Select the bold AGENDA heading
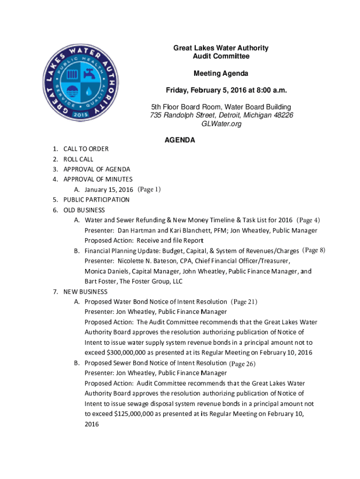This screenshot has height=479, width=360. coord(180,140)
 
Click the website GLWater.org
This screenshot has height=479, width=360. coord(221,124)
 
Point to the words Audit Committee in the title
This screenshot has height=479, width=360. coord(221,56)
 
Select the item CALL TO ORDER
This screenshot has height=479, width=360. coord(86,149)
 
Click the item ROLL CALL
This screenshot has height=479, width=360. coord(79,159)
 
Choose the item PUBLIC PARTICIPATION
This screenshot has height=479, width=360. coord(97,200)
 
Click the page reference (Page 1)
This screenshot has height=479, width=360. coord(149,189)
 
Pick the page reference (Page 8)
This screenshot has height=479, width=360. coord(314,250)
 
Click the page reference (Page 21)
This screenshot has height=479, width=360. coord(245,302)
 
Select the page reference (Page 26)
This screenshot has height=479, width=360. coord(243,363)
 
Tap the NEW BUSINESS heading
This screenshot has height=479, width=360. coord(86,291)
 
